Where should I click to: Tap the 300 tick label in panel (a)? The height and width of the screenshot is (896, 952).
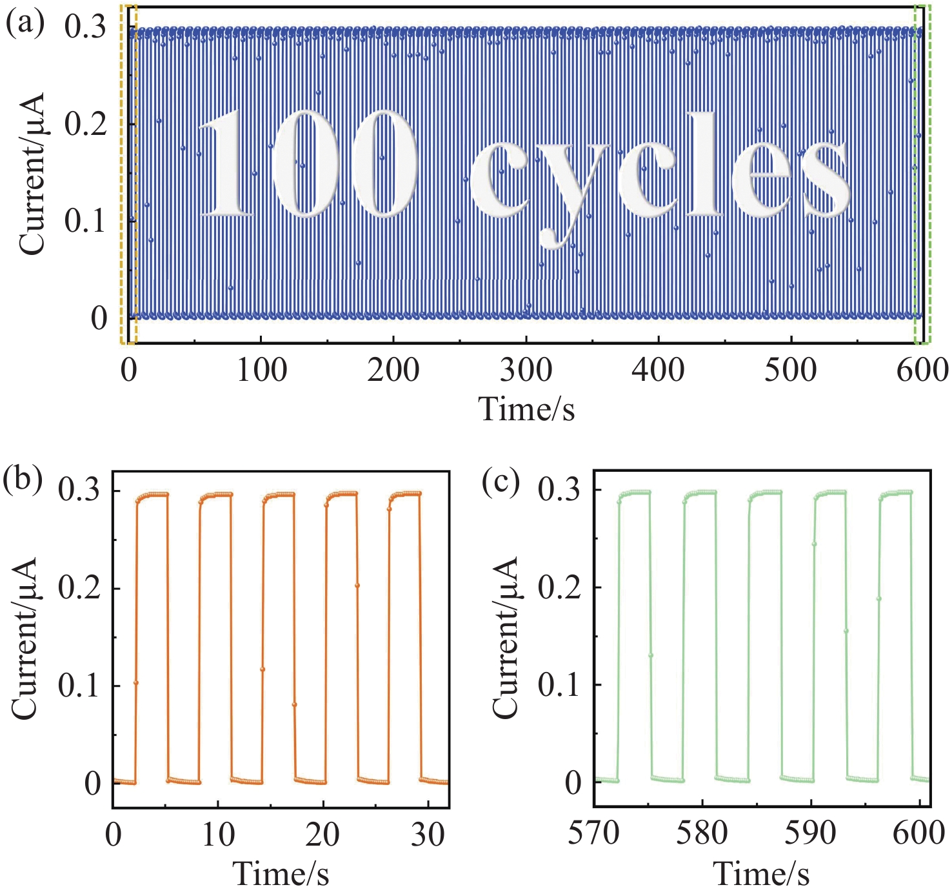pos(526,371)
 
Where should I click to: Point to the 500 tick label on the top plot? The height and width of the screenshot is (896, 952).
pos(791,371)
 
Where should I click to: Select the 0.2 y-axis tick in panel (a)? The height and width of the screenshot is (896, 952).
pos(85,124)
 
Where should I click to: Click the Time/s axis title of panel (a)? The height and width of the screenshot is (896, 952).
pos(526,408)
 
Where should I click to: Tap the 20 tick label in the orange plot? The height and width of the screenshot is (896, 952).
pos(322,835)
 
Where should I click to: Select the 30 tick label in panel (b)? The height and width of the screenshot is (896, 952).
pos(428,835)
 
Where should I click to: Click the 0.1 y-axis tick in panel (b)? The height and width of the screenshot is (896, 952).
pos(79,686)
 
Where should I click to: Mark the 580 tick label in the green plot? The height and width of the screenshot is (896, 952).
pos(702,833)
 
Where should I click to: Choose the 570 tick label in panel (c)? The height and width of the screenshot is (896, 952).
pos(593,833)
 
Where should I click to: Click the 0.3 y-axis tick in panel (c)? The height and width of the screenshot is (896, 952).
pos(559,490)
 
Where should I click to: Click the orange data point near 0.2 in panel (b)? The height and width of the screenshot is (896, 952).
pos(357,585)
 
